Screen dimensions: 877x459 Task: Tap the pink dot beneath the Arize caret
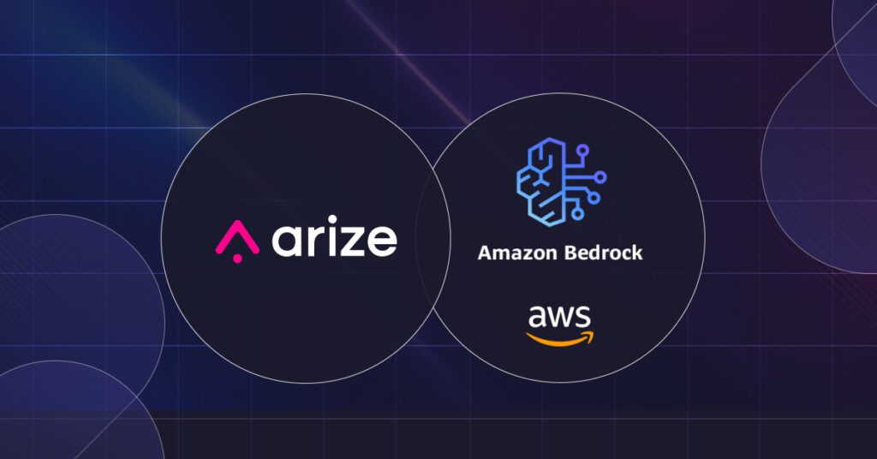pos(237,259)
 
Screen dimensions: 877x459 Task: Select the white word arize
pos(335,236)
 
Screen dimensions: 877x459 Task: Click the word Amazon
pos(516,253)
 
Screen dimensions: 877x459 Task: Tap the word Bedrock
pos(603,253)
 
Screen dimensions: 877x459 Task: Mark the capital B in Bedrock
pos(570,253)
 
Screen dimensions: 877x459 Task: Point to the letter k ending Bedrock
pos(637,253)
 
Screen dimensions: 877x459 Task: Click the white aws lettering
pos(558,317)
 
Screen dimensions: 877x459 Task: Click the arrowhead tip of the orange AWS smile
pos(593,334)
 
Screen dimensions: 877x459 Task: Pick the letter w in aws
pos(559,318)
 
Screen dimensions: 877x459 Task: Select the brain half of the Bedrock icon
pos(540,182)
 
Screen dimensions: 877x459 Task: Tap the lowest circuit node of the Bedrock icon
pos(578,213)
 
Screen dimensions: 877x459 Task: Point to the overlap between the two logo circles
pos(433,238)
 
